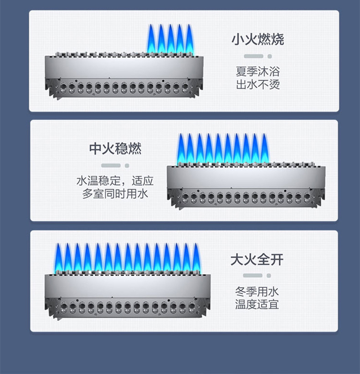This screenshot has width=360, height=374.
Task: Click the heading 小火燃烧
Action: (257, 39)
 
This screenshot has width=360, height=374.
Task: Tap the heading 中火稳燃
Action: (115, 149)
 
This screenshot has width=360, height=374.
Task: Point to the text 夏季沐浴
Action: (257, 72)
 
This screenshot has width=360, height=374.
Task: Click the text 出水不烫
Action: (257, 84)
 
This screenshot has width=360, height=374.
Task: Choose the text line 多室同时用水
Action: (115, 194)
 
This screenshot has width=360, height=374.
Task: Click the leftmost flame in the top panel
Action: (151, 40)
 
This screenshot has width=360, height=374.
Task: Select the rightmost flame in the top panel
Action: (190, 40)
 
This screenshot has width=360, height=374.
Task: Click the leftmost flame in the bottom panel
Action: (58, 259)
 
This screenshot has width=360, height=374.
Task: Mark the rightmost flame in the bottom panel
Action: (196, 259)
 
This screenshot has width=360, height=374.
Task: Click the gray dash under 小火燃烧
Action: (253, 56)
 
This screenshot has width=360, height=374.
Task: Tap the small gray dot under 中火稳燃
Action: (127, 165)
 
